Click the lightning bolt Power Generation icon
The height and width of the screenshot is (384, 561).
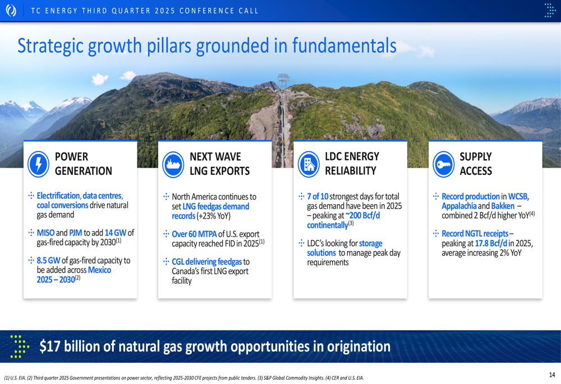(x=38, y=164)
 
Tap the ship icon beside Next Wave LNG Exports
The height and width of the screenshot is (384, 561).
(x=173, y=164)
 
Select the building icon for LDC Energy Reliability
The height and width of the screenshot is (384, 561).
(x=309, y=164)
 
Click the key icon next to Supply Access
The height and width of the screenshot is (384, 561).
(x=444, y=164)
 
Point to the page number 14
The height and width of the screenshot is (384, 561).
(x=552, y=374)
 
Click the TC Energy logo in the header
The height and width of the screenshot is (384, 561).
(x=11, y=10)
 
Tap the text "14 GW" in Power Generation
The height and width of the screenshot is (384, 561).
(x=115, y=233)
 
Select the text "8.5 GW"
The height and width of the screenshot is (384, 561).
(x=48, y=260)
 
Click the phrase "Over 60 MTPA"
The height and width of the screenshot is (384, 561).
(x=194, y=234)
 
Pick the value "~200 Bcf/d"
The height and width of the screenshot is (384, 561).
(x=362, y=216)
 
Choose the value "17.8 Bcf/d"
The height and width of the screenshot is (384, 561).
(x=491, y=243)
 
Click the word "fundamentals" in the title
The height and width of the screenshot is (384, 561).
(x=344, y=45)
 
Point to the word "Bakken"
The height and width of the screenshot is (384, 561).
(x=503, y=206)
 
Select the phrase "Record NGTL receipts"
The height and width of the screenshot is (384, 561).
(x=475, y=233)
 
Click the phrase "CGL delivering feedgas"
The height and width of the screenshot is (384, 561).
(x=207, y=262)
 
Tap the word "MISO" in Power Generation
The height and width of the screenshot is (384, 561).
(x=45, y=233)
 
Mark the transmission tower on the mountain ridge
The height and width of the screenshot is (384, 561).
(x=283, y=81)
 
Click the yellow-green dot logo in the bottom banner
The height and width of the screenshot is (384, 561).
(x=19, y=346)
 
